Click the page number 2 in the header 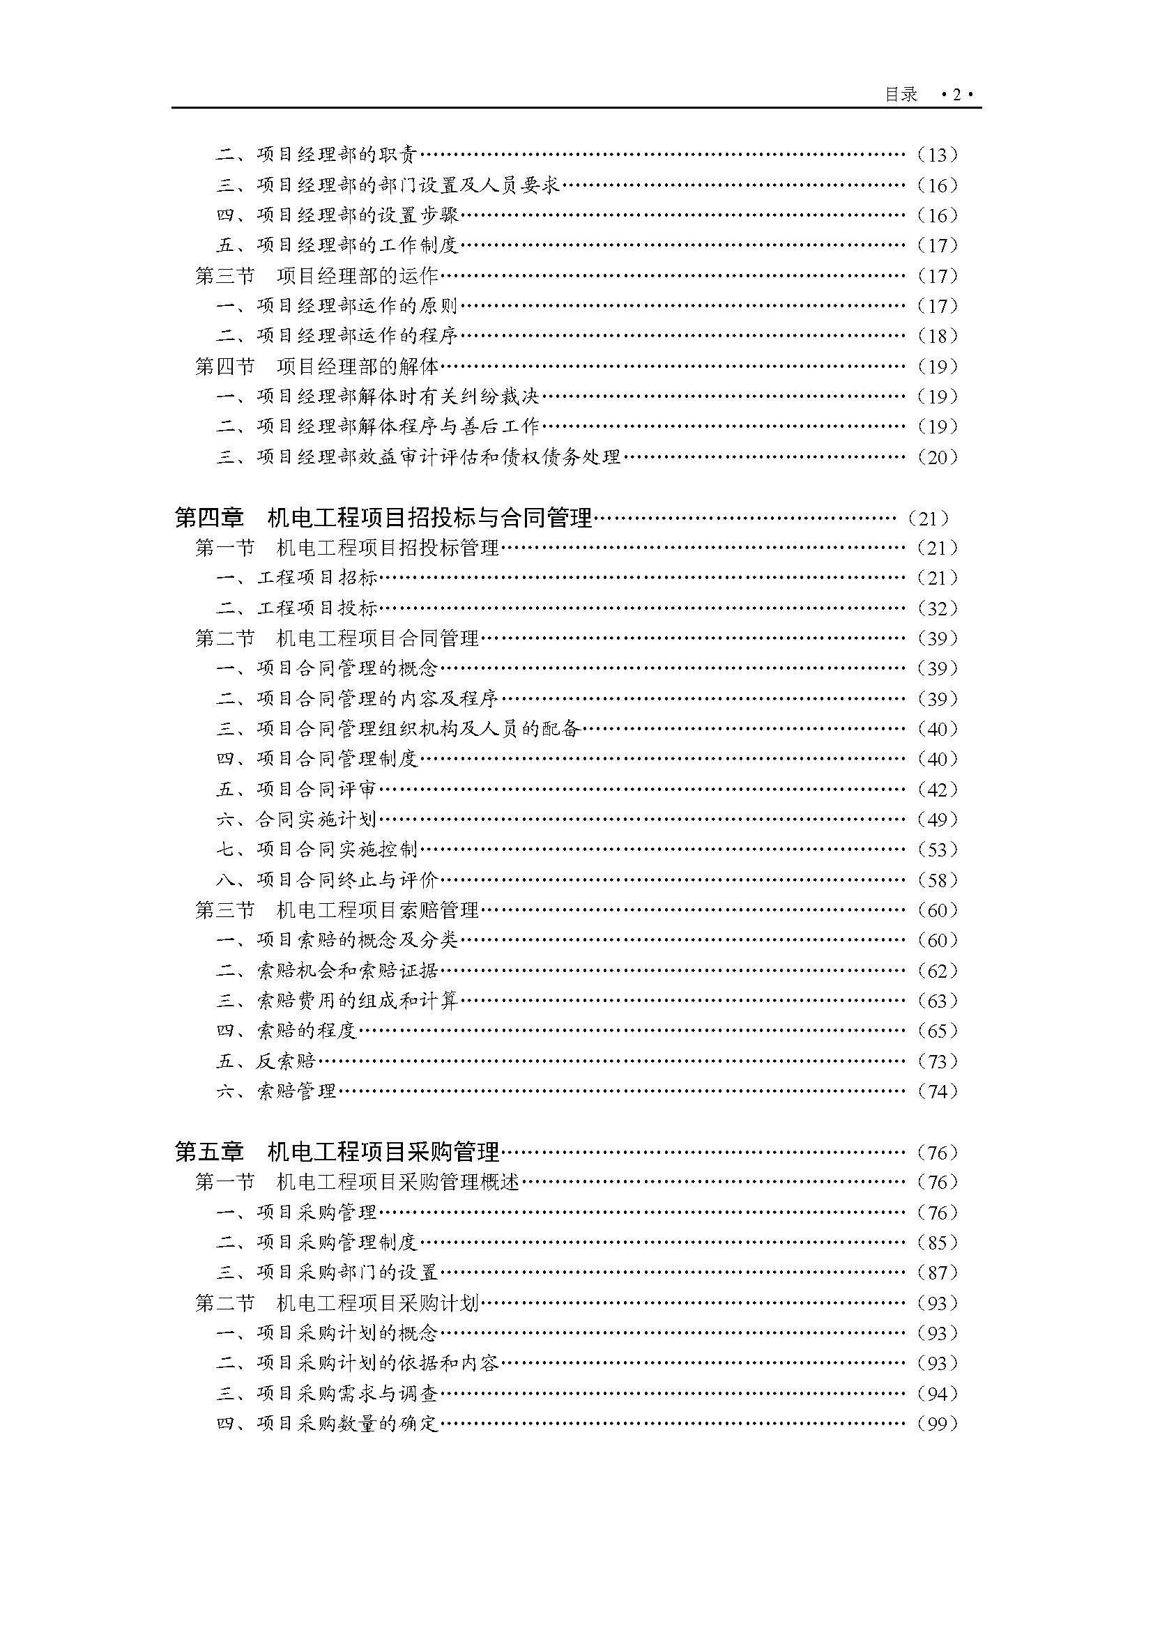(956, 94)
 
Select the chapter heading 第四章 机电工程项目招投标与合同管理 (383, 518)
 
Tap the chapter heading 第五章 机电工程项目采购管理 (337, 1151)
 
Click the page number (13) (937, 155)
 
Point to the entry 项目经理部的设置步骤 (357, 215)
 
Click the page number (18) (937, 336)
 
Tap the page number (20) (937, 457)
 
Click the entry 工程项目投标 (316, 608)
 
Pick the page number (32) (937, 608)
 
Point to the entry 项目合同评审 (316, 790)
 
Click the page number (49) (937, 820)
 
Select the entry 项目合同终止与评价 (347, 880)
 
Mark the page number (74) (937, 1091)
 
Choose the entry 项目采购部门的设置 (347, 1273)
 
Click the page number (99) (937, 1424)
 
